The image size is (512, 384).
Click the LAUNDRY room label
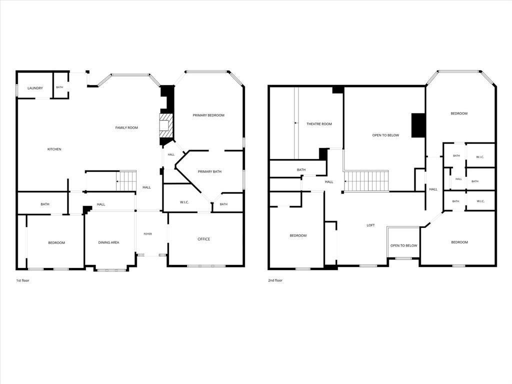[35, 88]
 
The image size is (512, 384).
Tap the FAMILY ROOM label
[126, 127]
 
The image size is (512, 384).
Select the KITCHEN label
[54, 149]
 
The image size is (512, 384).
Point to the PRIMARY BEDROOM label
[208, 115]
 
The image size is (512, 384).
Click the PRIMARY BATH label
[209, 171]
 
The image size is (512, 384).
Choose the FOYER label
[147, 234]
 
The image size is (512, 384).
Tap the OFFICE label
[204, 239]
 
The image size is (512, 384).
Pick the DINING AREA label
[108, 242]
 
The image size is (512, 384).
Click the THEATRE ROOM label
[319, 124]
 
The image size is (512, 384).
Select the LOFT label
[370, 225]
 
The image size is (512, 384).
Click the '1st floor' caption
[23, 280]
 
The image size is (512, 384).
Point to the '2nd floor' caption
[275, 280]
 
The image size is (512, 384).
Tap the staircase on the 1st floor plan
[126, 181]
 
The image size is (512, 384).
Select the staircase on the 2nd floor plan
[366, 181]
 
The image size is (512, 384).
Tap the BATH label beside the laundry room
[59, 87]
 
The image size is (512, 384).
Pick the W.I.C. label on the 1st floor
[184, 202]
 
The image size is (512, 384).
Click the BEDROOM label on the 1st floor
[56, 243]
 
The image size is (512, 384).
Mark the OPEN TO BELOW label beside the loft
[403, 245]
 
